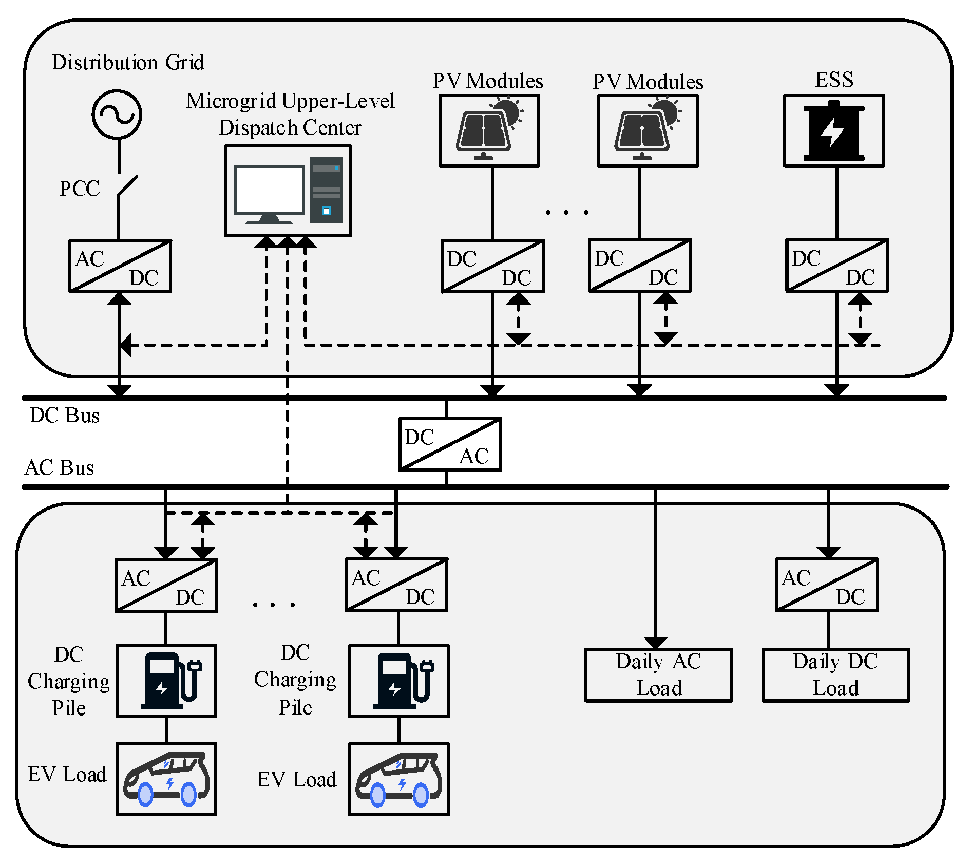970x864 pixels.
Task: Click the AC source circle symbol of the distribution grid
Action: pyautogui.click(x=117, y=114)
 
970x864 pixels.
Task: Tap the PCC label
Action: pyautogui.click(x=79, y=189)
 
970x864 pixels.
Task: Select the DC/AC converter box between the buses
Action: pyautogui.click(x=450, y=444)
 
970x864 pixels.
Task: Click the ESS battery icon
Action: pyautogui.click(x=834, y=132)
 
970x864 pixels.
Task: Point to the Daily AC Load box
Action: pyautogui.click(x=658, y=675)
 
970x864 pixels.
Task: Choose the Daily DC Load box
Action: pyautogui.click(x=835, y=675)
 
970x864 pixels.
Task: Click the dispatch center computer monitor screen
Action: pyautogui.click(x=269, y=190)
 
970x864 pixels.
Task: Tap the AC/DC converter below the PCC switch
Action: pyautogui.click(x=120, y=266)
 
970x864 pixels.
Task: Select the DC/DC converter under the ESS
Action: pyautogui.click(x=836, y=266)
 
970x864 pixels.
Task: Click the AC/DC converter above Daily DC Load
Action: pyautogui.click(x=827, y=585)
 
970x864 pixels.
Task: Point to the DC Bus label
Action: pyautogui.click(x=64, y=415)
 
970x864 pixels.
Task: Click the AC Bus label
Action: pyautogui.click(x=59, y=468)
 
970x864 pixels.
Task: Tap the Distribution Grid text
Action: pyautogui.click(x=127, y=62)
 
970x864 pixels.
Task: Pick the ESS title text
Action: pyautogui.click(x=834, y=80)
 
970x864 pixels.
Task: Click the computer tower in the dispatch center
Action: pyautogui.click(x=326, y=190)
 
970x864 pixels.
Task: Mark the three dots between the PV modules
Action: pyautogui.click(x=566, y=212)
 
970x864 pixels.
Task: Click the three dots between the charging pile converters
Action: pyautogui.click(x=274, y=605)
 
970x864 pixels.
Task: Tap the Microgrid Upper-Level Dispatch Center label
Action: pyautogui.click(x=290, y=114)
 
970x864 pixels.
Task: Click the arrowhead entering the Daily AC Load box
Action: pyautogui.click(x=656, y=643)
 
